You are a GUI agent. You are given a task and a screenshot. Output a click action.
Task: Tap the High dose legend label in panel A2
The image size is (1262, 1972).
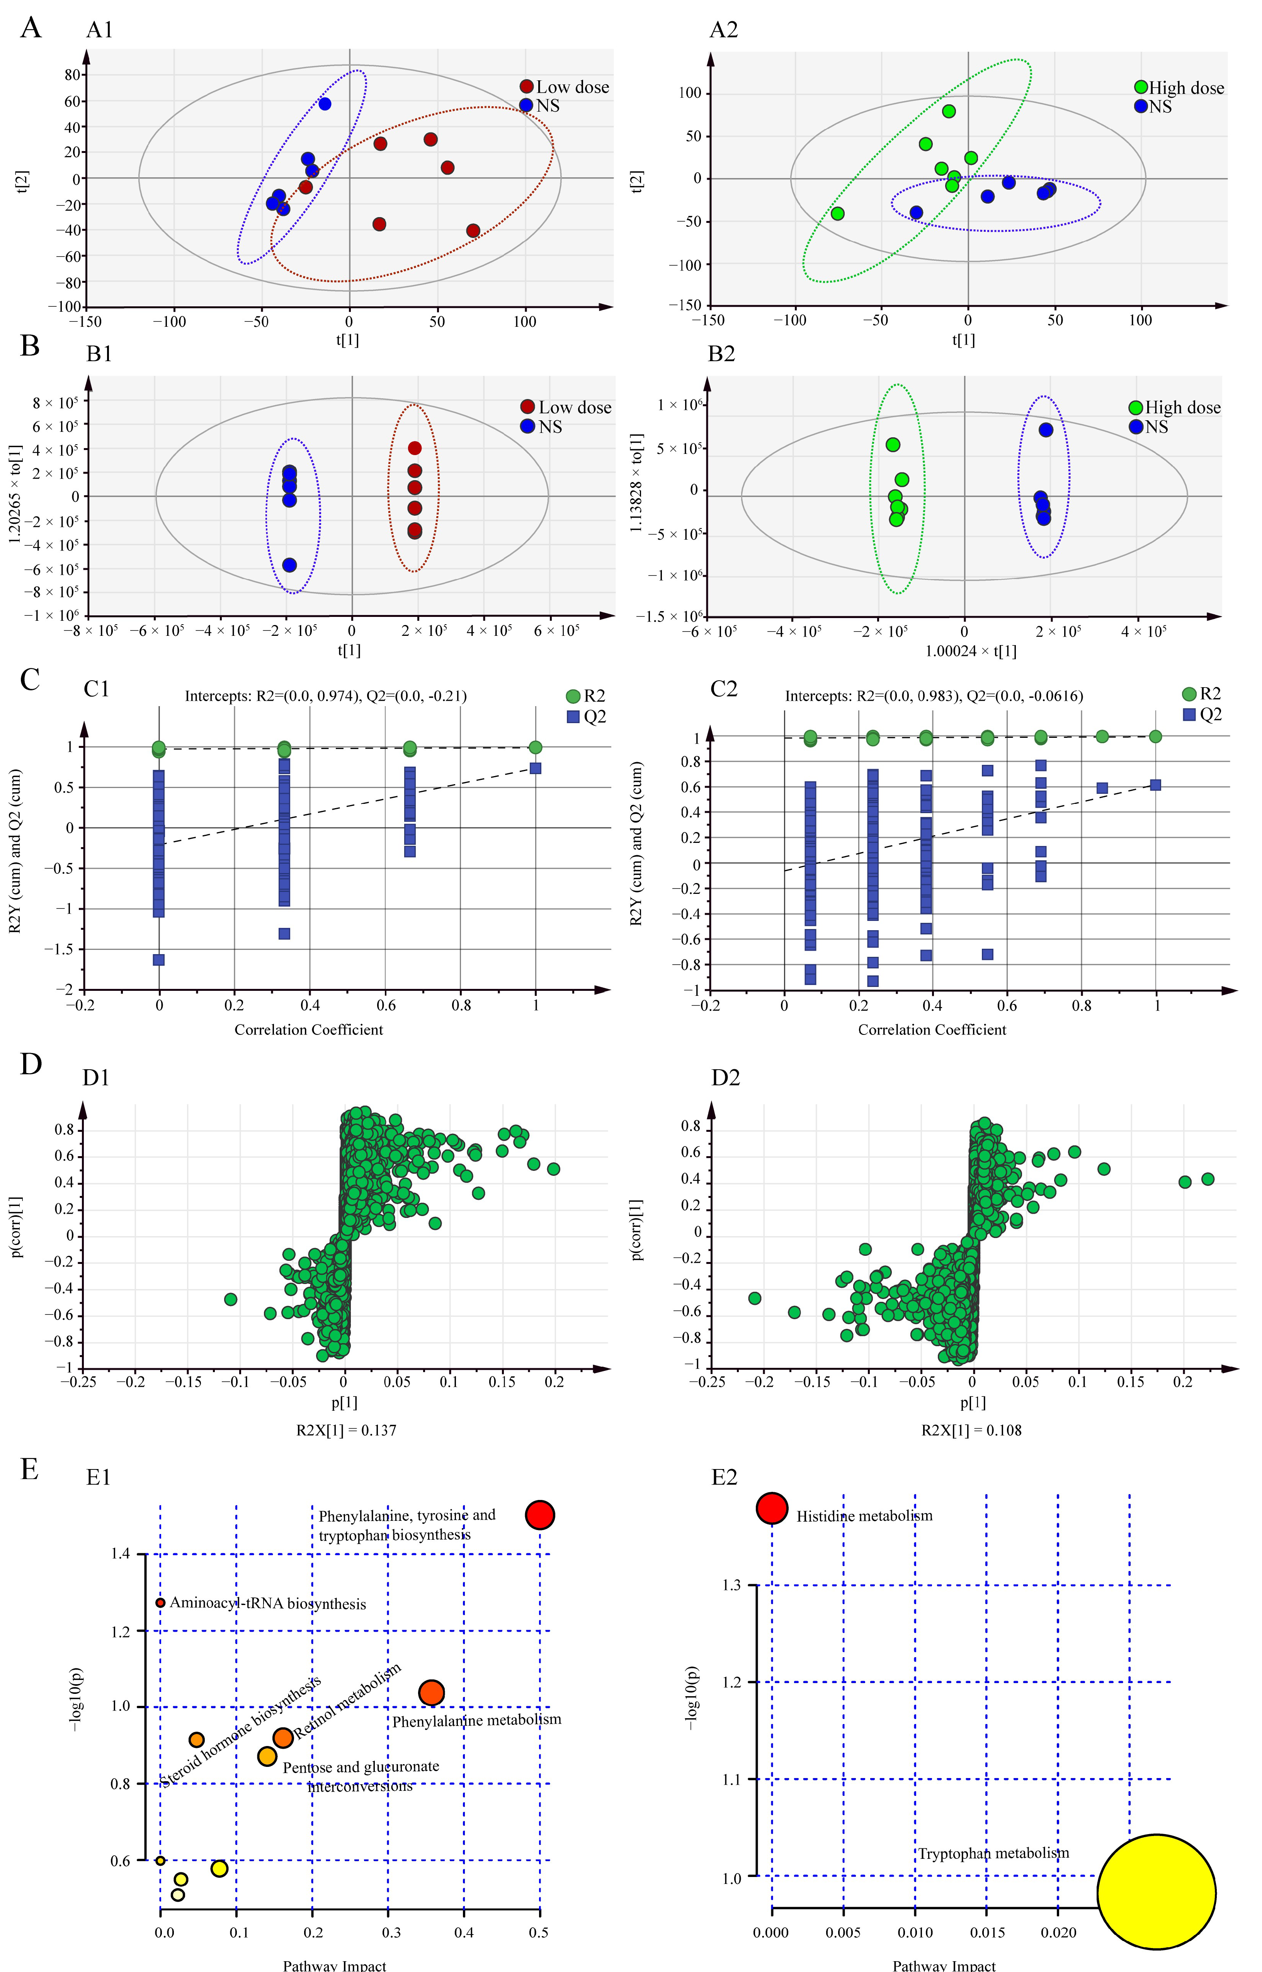tap(1186, 88)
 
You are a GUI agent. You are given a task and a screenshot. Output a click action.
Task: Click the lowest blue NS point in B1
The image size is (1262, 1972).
tap(289, 565)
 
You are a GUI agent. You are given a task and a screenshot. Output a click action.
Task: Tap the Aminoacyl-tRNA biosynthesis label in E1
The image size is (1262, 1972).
tap(267, 1603)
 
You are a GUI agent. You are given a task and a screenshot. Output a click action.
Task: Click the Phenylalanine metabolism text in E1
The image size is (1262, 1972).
tap(476, 1721)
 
